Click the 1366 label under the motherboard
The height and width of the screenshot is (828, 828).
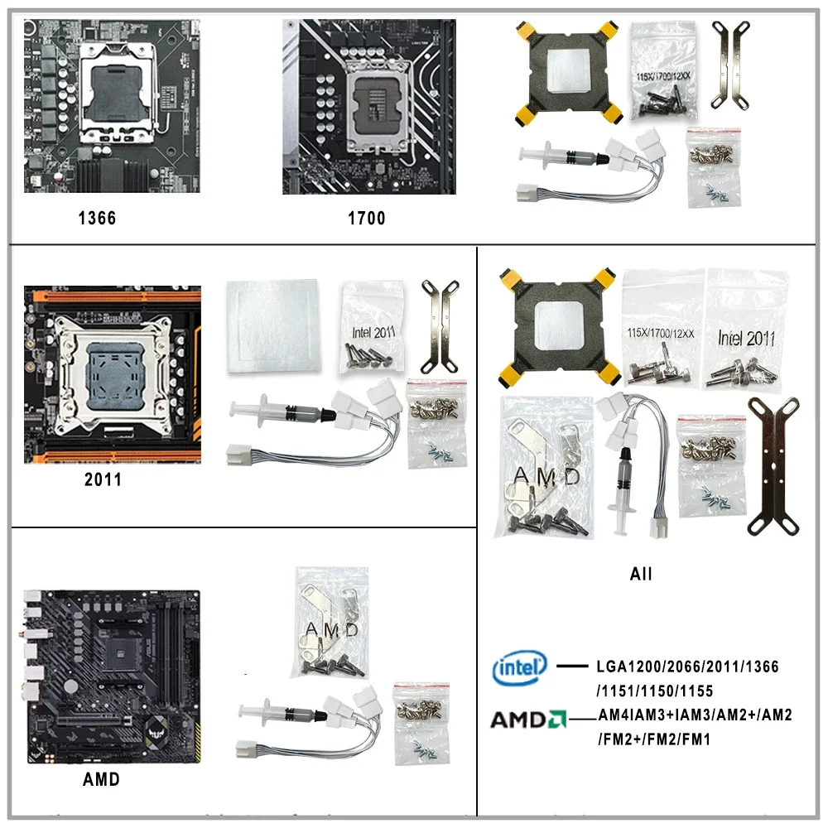97,219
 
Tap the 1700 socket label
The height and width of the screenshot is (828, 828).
366,219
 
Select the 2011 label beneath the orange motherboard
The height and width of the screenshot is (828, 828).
103,479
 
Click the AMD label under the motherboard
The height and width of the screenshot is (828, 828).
101,779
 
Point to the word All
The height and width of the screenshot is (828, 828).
641,573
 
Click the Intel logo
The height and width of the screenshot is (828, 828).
520,667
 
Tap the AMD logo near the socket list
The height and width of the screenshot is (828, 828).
527,720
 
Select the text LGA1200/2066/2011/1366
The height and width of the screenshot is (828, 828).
687,667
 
